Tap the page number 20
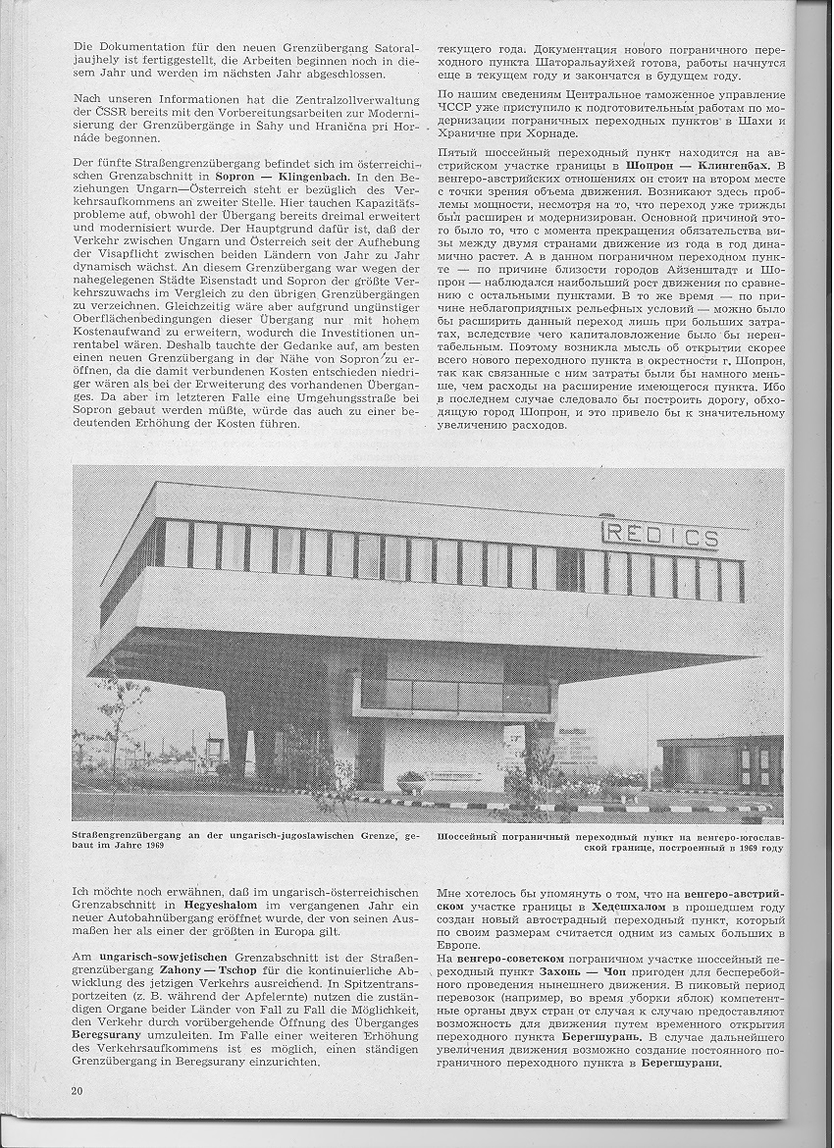click(77, 1091)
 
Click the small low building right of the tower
click(720, 763)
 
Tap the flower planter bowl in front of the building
click(411, 778)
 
